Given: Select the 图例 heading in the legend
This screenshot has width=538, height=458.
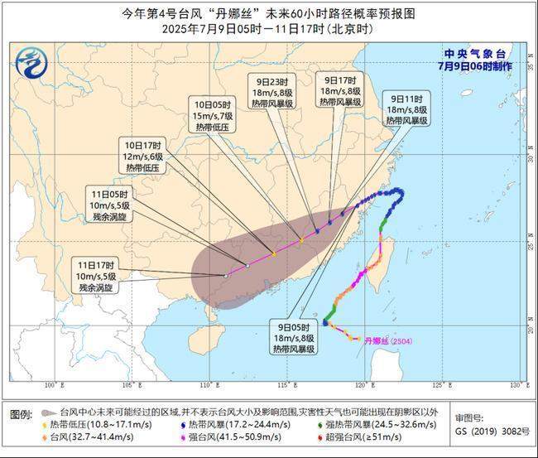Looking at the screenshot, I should pos(22,412).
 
